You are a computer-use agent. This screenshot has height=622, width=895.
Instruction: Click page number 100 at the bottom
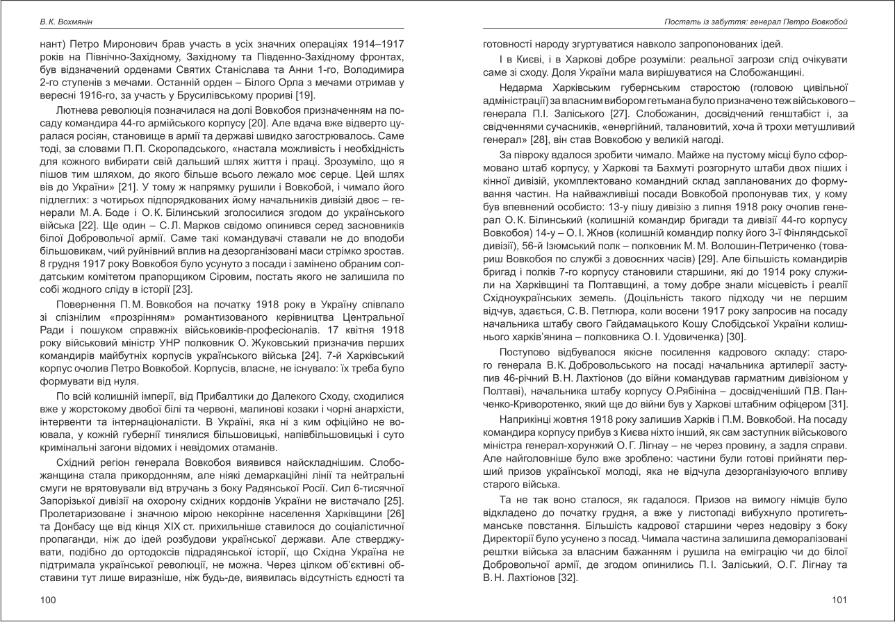point(48,600)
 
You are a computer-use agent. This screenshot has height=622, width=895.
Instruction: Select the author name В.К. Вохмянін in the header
point(65,22)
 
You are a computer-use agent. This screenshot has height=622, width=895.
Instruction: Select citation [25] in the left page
point(391,501)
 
